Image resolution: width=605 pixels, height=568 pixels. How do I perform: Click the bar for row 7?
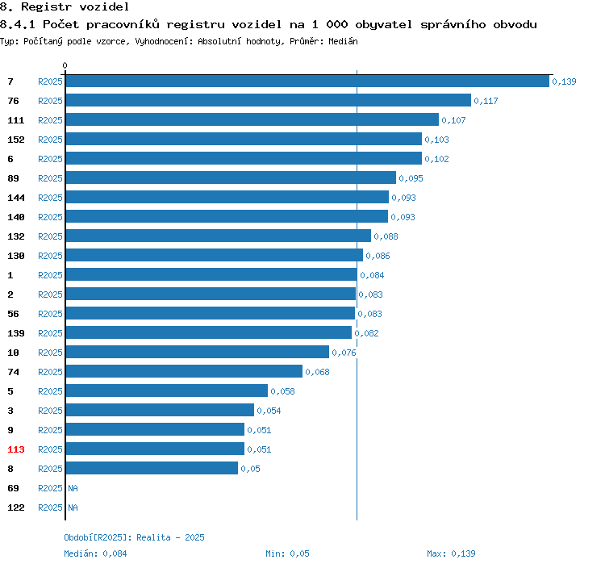click(x=307, y=81)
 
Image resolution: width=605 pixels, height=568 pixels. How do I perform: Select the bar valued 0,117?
click(x=269, y=100)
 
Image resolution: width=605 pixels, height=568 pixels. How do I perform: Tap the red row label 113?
click(x=16, y=449)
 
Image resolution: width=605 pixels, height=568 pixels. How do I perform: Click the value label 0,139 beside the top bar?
click(x=564, y=81)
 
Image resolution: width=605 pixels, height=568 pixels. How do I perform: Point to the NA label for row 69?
click(x=73, y=488)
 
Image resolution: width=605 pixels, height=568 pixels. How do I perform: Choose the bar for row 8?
click(x=152, y=468)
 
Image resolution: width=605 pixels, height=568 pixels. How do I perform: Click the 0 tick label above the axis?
click(x=65, y=65)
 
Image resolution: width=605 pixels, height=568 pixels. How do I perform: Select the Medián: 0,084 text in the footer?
click(x=95, y=553)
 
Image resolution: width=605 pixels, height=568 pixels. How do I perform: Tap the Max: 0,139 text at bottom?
click(x=451, y=553)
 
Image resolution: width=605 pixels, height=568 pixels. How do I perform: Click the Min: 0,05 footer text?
click(x=287, y=553)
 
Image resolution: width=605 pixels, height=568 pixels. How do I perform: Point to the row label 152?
click(x=16, y=140)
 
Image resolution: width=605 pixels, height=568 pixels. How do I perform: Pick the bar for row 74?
click(x=184, y=371)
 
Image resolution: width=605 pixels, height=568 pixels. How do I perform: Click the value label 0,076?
click(x=344, y=353)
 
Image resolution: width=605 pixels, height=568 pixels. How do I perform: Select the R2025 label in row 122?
click(x=50, y=507)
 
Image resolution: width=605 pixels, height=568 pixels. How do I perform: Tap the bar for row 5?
click(x=167, y=390)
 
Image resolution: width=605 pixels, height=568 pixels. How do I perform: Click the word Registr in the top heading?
click(x=46, y=6)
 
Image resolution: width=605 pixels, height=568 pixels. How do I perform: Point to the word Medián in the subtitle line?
click(x=343, y=41)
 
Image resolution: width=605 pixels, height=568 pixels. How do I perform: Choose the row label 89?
click(x=13, y=178)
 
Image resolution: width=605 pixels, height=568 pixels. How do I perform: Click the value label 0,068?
click(x=317, y=372)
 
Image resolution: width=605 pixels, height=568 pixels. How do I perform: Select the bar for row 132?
click(x=219, y=236)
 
